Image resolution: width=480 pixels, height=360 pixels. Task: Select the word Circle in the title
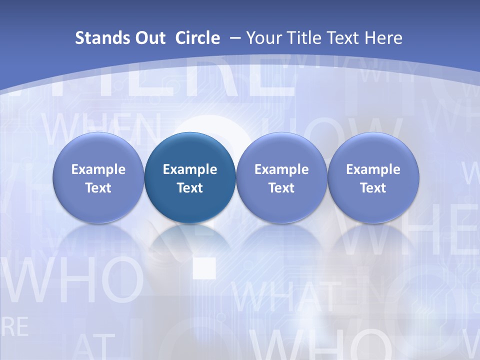click(197, 38)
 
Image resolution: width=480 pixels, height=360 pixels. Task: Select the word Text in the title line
click(342, 38)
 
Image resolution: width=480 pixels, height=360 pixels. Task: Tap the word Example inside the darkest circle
click(190, 169)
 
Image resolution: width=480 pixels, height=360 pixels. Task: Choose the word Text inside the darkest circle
click(190, 188)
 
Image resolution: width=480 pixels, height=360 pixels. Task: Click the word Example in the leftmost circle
click(98, 169)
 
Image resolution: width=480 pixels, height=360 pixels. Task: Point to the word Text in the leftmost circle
click(98, 188)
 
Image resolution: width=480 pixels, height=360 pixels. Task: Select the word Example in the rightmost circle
click(373, 169)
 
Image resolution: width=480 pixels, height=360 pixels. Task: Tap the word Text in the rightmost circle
click(373, 188)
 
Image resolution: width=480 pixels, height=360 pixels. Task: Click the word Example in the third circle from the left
click(281, 169)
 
